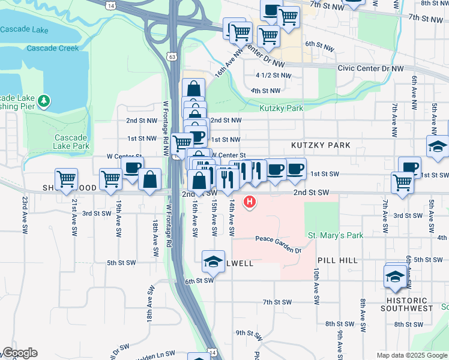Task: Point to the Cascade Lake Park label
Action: point(71,142)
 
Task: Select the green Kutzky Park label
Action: point(281,109)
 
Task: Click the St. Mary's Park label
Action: point(335,236)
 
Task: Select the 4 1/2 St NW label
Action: point(268,75)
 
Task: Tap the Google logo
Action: point(19,353)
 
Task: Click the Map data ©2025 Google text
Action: point(411,355)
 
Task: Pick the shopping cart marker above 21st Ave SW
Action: point(66,178)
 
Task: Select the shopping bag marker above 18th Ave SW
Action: point(149,178)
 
